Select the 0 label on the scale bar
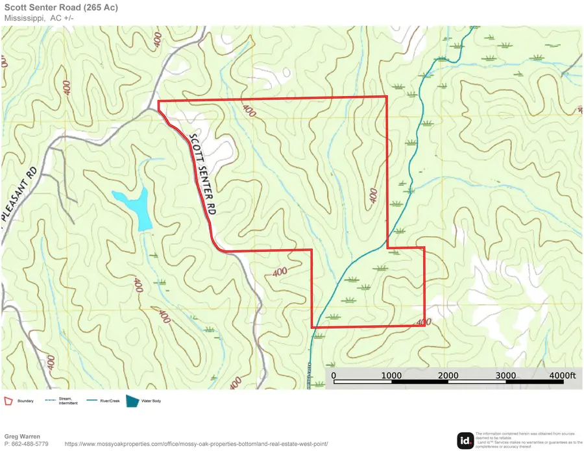pos(334,375)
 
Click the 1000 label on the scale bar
pos(391,375)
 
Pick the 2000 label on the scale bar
pos(448,375)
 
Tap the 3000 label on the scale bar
pos(506,375)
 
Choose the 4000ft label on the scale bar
pos(561,375)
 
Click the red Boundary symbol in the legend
pos(9,401)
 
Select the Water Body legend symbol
pos(133,401)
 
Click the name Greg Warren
pos(22,436)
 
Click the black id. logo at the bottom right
pos(465,441)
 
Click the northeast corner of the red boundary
pos(387,97)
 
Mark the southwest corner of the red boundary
pos(312,327)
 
